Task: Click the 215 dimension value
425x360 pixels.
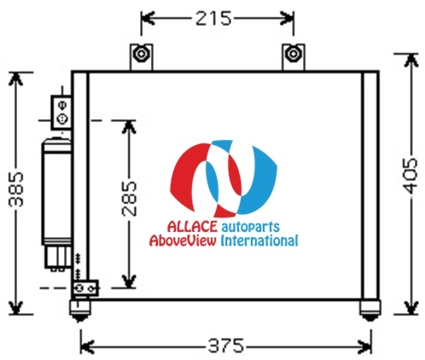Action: tap(213, 19)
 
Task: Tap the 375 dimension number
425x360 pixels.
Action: tap(226, 346)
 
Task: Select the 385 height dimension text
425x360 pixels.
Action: tap(16, 189)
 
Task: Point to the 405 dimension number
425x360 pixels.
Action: tap(410, 176)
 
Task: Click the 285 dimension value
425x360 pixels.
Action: tap(130, 199)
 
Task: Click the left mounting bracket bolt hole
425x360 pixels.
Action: tap(141, 54)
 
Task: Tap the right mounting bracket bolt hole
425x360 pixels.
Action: tap(293, 54)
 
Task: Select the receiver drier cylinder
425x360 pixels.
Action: tap(56, 192)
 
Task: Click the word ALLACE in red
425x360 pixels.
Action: tap(192, 226)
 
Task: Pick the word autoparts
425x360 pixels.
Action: tap(250, 227)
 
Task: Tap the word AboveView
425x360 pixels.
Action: tap(183, 241)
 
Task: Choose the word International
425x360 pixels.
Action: tap(259, 241)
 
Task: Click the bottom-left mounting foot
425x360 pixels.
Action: tap(80, 311)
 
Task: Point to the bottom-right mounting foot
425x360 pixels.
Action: tap(370, 311)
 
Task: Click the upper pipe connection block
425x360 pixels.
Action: tap(61, 113)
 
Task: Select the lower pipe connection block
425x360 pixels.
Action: tap(85, 288)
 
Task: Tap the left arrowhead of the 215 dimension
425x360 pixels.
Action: tap(148, 19)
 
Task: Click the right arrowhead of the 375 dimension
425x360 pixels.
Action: tap(365, 346)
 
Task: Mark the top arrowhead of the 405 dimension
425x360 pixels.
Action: tap(410, 61)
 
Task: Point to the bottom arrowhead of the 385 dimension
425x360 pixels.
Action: tap(16, 308)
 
